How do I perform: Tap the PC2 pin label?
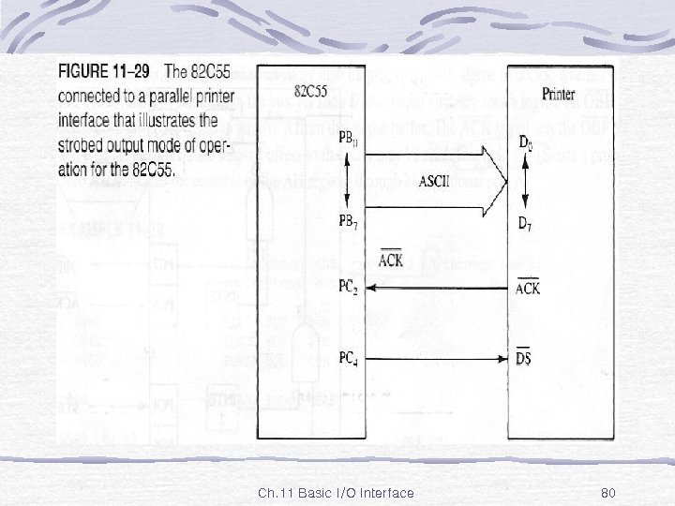click(348, 288)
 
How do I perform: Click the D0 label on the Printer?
click(527, 142)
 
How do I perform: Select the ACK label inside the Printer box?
click(528, 289)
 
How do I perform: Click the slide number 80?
click(607, 493)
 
